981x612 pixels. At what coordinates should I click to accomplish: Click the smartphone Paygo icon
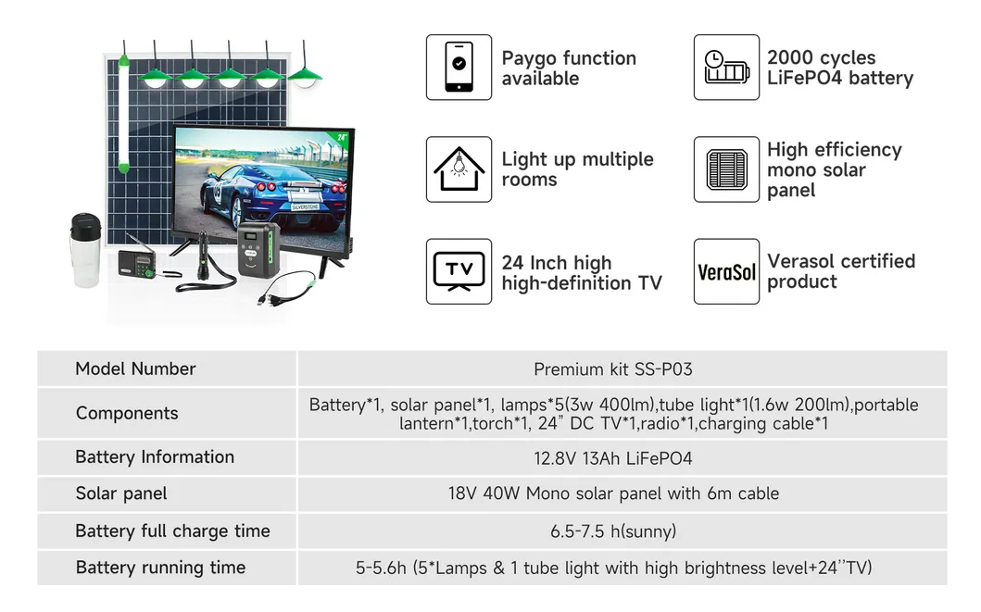pos(459,67)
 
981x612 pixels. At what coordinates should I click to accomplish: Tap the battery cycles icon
pos(726,67)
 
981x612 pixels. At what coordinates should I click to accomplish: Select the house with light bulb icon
pos(459,169)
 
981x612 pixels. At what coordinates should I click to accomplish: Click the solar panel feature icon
pos(726,169)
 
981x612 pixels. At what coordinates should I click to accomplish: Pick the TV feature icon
pos(459,271)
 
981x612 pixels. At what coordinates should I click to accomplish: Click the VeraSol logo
pos(726,271)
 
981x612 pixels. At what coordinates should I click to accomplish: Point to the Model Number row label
pos(135,368)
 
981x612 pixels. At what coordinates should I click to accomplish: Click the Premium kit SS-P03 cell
pos(613,369)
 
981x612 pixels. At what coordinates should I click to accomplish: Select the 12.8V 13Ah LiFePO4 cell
pos(613,458)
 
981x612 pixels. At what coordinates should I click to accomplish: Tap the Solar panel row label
pos(121,493)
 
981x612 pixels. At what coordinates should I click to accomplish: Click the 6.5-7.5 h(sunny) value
pos(613,531)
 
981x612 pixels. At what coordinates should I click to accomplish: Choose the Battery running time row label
pos(160,568)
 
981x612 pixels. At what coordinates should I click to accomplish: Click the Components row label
pos(127,413)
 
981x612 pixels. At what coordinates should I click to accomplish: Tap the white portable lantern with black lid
pos(85,250)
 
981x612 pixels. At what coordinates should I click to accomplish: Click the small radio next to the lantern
pos(137,262)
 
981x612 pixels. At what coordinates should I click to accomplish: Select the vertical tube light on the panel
pos(124,115)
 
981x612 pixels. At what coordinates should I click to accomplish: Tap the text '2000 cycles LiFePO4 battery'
pos(840,68)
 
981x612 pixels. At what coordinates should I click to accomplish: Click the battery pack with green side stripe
pos(258,249)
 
